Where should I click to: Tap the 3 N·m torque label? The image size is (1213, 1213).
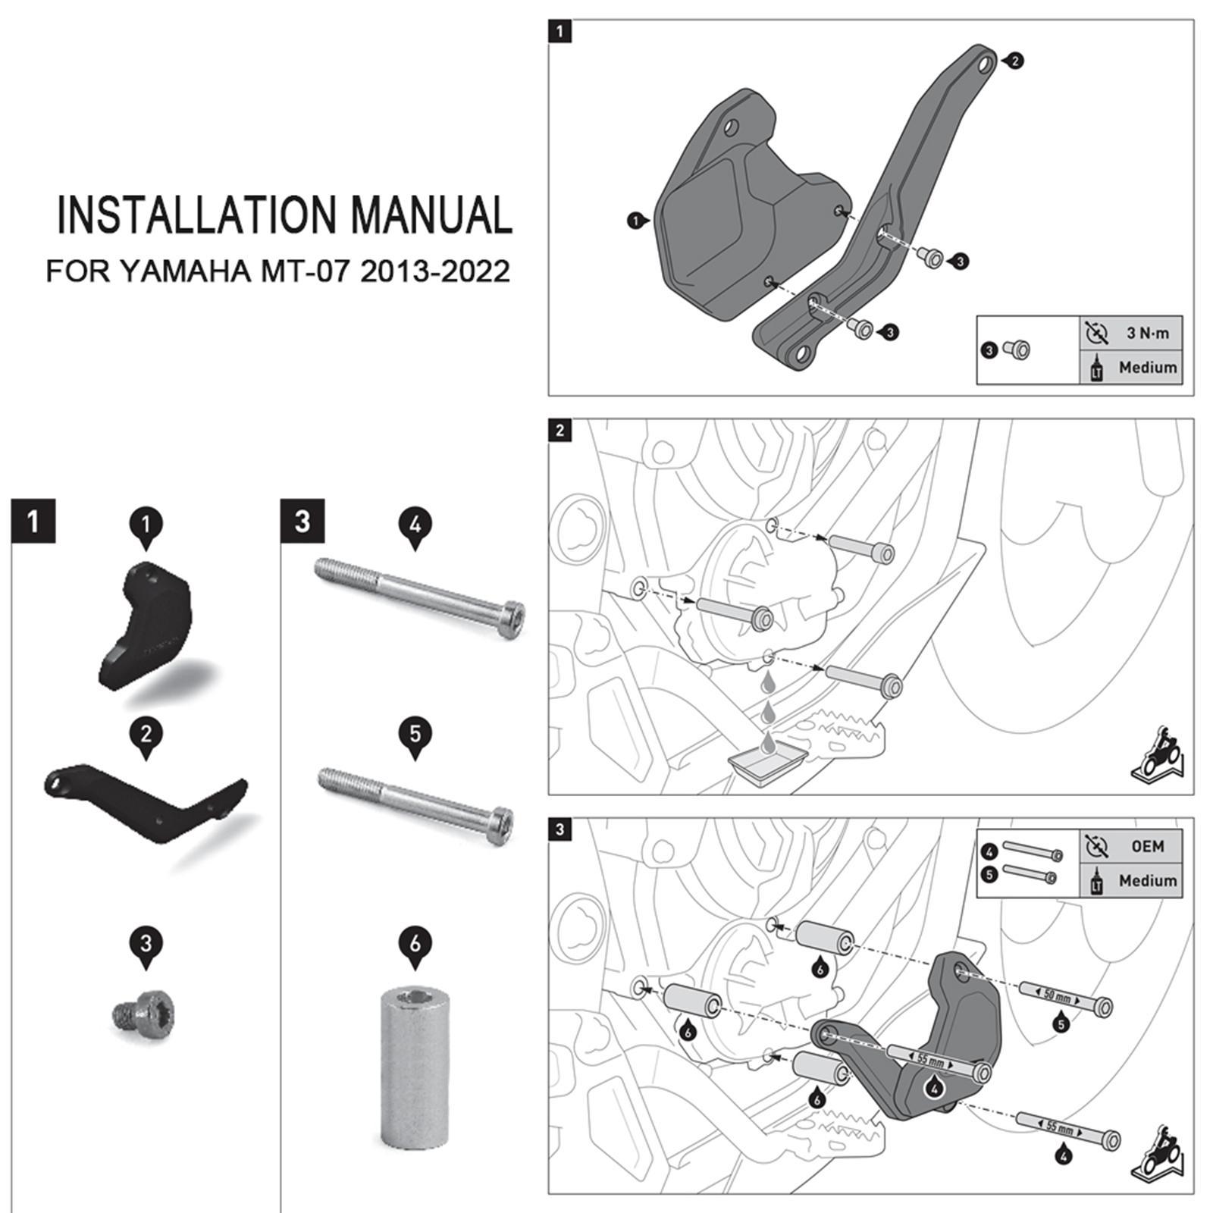1147,333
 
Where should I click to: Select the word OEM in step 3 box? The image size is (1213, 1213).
1147,845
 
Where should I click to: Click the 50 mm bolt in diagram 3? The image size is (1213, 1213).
1064,998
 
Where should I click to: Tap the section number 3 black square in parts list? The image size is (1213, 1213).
302,521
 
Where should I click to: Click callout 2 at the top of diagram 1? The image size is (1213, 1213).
1015,61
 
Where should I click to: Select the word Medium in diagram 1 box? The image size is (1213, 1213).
1147,368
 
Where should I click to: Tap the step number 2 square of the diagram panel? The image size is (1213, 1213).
559,431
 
